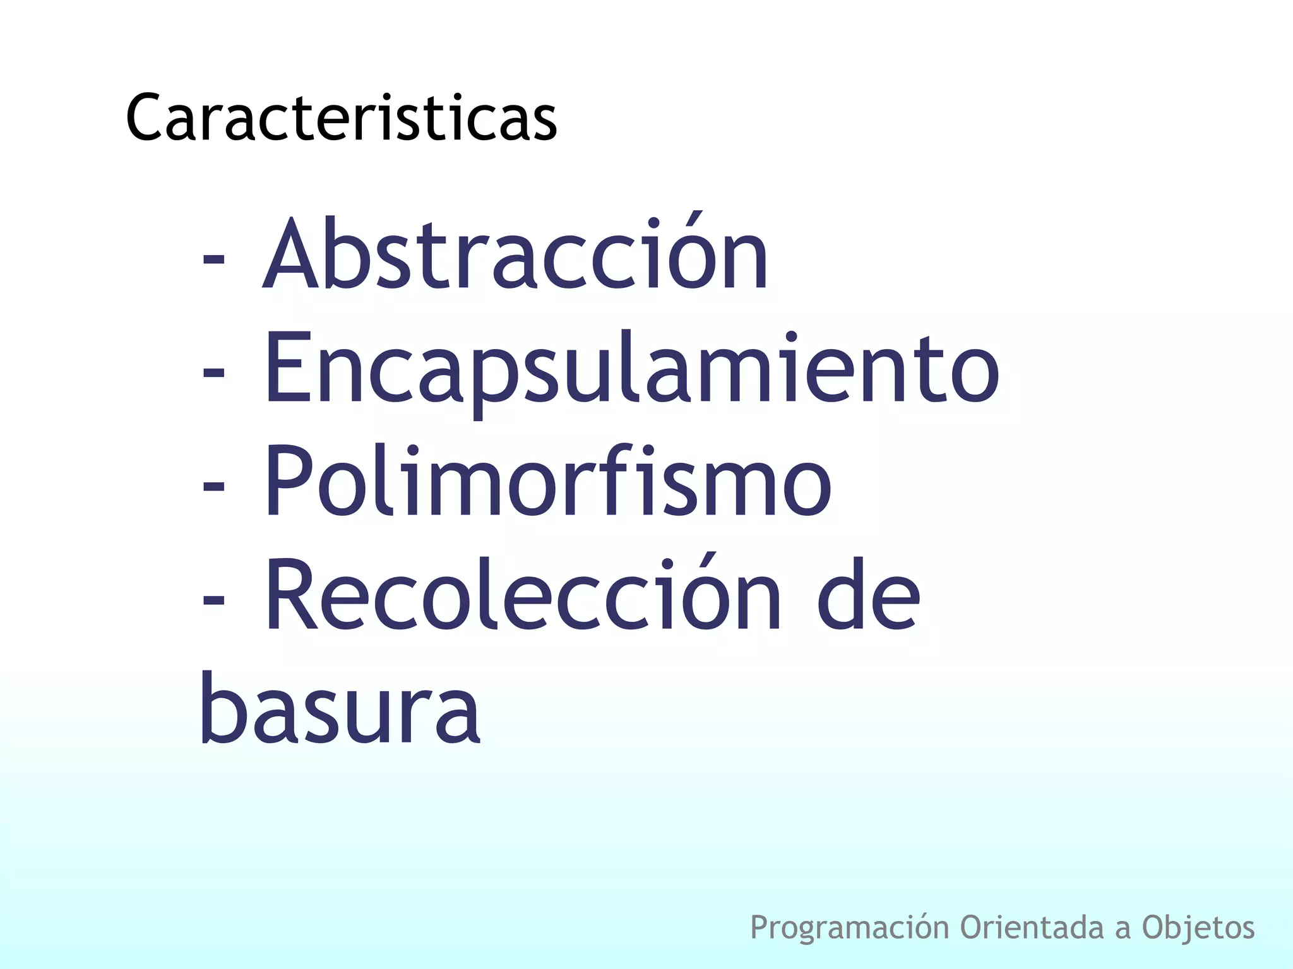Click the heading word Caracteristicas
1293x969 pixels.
[x=341, y=119]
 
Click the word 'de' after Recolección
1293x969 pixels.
[x=869, y=596]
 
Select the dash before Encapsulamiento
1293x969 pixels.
[x=213, y=373]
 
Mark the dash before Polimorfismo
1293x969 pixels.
[x=213, y=487]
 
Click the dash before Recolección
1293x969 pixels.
[x=213, y=600]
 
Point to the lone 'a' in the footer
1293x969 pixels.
[x=1123, y=930]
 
